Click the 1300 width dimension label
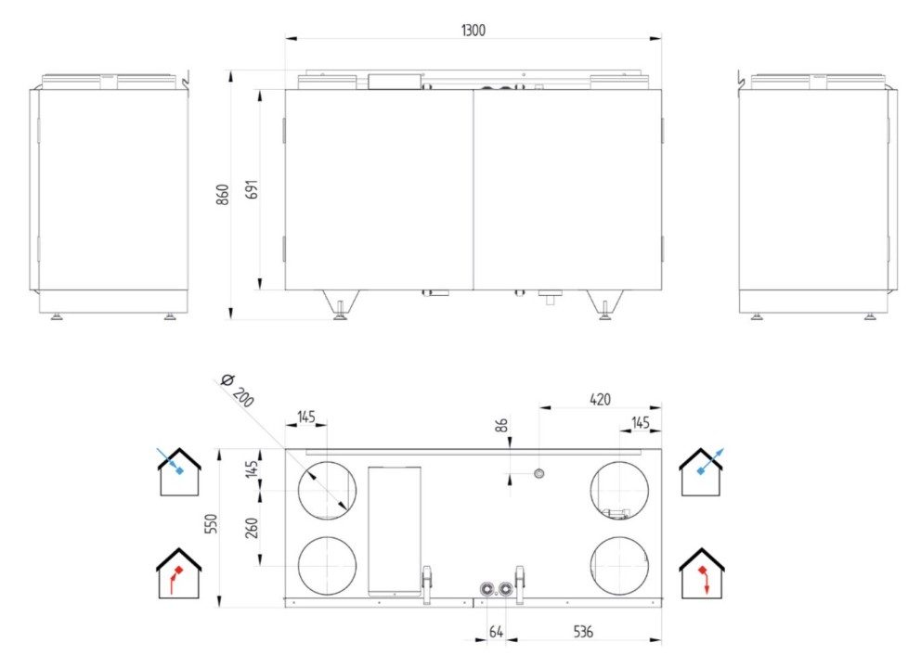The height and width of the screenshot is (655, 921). click(473, 30)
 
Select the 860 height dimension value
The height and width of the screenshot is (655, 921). click(223, 194)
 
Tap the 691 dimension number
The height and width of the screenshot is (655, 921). click(252, 189)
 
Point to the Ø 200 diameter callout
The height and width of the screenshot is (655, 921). click(238, 390)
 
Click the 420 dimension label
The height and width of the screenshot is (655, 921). click(600, 399)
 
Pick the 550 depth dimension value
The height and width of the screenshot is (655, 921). click(211, 523)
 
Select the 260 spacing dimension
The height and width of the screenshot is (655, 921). click(252, 528)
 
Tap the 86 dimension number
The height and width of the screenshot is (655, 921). click(502, 425)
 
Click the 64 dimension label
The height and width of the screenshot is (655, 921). click(496, 632)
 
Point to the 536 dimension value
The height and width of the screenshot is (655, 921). click(583, 632)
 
